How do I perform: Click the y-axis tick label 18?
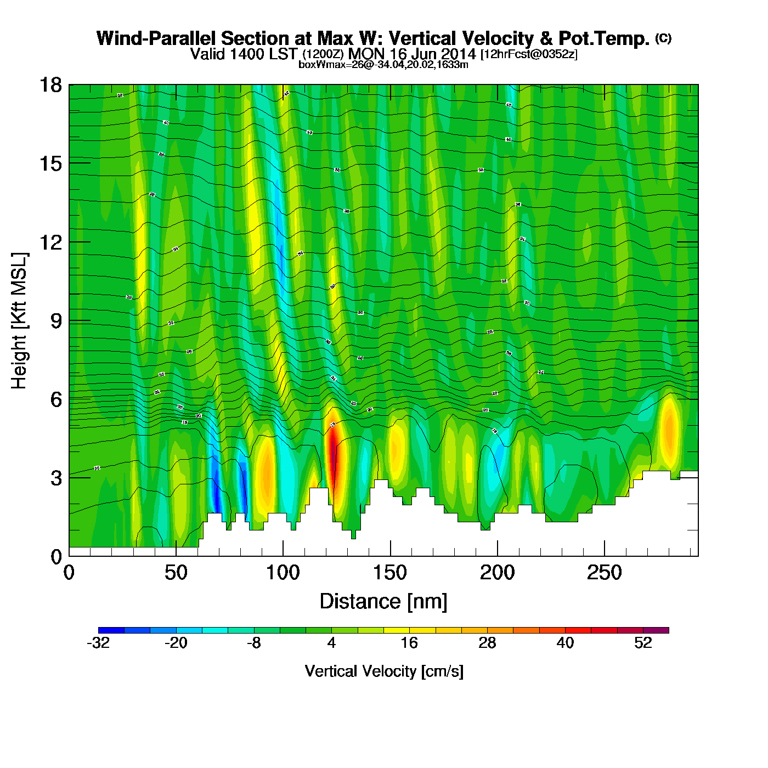pos(50,85)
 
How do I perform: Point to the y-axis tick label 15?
pos(50,163)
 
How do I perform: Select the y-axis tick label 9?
pos(56,321)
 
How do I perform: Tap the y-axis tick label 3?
pos(56,478)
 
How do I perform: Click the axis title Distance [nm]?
pos(383,602)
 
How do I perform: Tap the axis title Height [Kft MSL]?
pos(19,321)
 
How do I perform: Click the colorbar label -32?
pos(98,643)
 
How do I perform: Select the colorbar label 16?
pos(409,643)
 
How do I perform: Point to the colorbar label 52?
pos(643,643)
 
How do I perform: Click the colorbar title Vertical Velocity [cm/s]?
pos(384,671)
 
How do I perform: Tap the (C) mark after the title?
pos(663,38)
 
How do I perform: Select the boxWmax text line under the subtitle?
pos(383,65)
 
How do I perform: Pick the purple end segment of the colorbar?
pos(656,630)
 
